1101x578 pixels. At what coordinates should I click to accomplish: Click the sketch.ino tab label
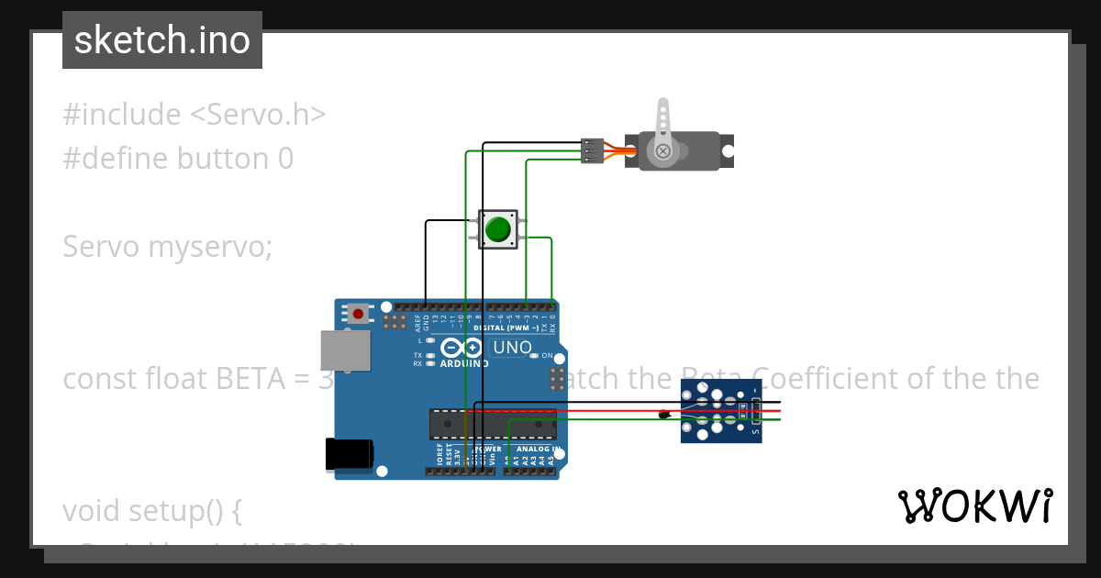coord(161,40)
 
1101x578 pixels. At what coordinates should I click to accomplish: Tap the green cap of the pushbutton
coord(497,228)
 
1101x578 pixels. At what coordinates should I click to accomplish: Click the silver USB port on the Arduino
coord(345,350)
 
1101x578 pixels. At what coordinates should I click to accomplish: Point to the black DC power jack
coord(350,454)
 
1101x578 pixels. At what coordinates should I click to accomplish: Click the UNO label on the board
coord(512,348)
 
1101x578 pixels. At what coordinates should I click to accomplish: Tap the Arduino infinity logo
coord(462,348)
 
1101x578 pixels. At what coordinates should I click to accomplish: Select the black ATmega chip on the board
coord(493,424)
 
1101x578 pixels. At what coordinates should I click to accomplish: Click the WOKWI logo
coord(974,506)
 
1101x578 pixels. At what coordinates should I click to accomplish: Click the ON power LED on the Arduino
coord(537,356)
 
